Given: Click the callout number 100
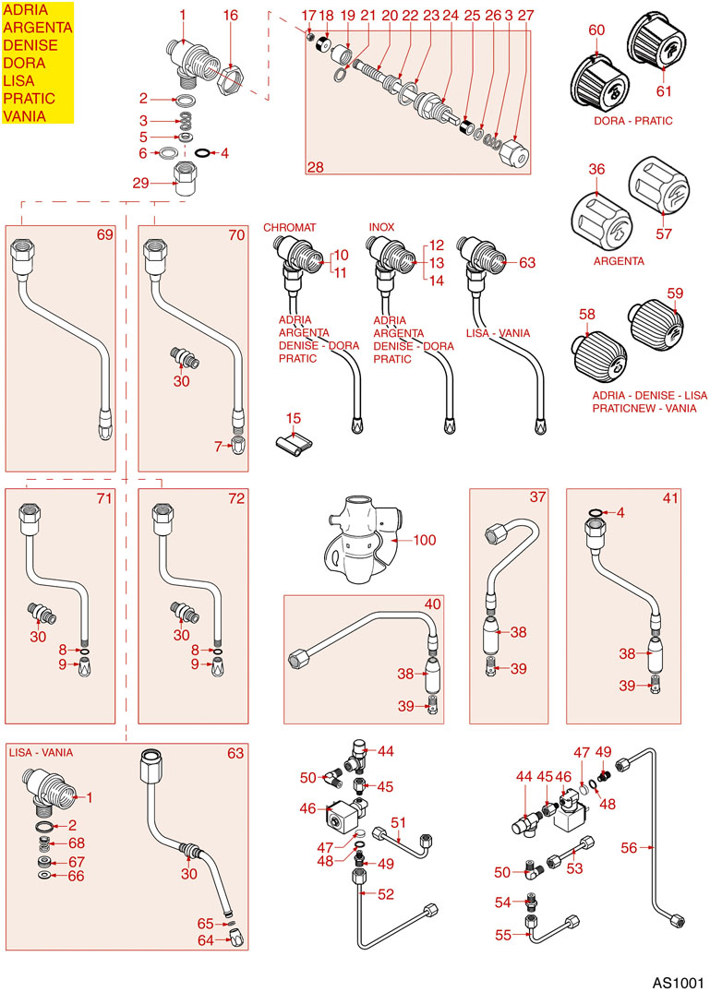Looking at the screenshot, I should (x=426, y=540).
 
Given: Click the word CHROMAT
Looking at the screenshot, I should (x=290, y=227).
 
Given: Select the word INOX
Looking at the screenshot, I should (x=381, y=227).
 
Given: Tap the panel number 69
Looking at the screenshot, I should (x=104, y=234).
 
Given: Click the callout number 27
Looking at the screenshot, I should (x=525, y=16).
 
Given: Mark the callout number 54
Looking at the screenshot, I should (x=502, y=901).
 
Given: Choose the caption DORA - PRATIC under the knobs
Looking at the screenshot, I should (x=632, y=121).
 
